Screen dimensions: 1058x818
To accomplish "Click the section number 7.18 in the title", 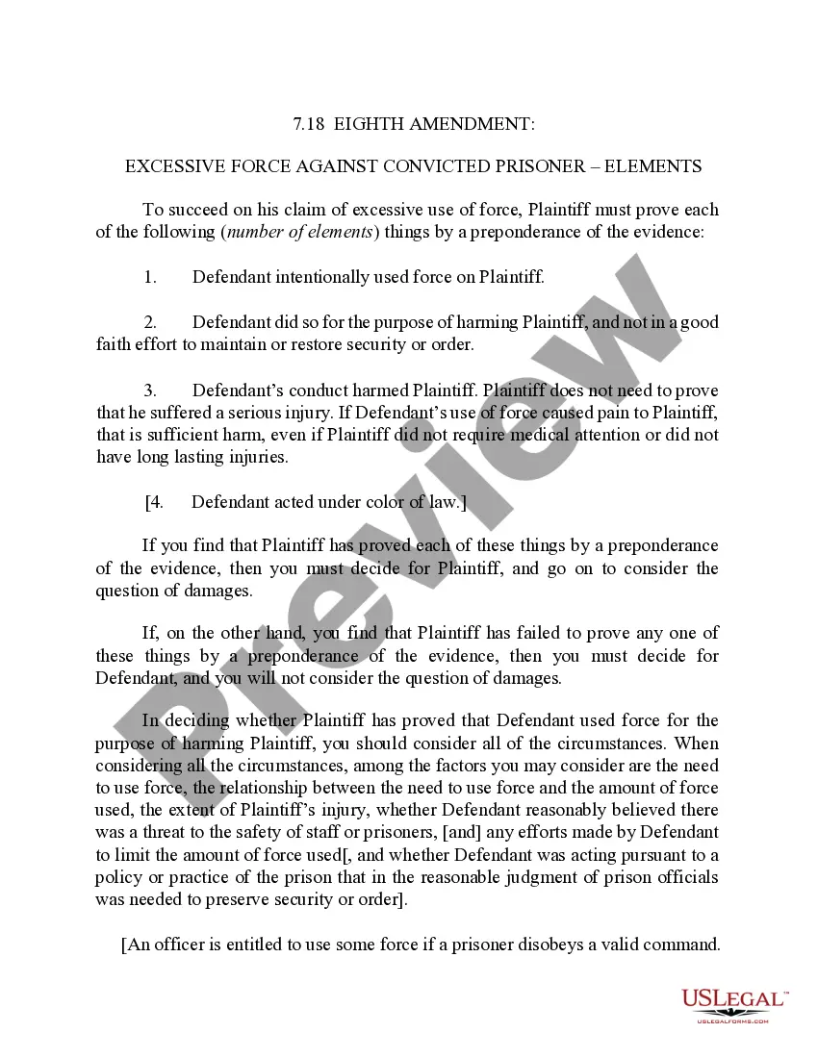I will tap(309, 124).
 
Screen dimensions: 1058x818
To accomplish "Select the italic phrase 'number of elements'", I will tap(298, 232).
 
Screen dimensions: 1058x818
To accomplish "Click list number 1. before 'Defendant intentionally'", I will tap(150, 277).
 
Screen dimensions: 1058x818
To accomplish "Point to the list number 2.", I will tap(150, 322).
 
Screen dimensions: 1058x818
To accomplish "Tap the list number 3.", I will tap(150, 390).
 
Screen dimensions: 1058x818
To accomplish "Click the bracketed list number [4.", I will tap(154, 501).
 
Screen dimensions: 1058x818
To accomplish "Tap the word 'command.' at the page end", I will tap(685, 945).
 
